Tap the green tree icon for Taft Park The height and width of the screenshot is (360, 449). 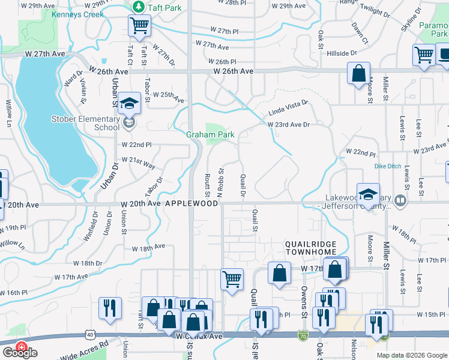[x=139, y=6]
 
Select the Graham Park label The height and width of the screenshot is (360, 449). [x=209, y=134]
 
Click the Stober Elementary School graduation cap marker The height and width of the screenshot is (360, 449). [x=129, y=104]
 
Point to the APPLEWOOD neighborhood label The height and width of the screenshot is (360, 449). [x=191, y=204]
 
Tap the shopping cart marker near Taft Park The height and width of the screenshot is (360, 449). [x=139, y=26]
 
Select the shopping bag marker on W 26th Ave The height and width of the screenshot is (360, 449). [x=358, y=74]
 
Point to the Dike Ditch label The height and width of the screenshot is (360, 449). [x=371, y=166]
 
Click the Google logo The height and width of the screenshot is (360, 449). [x=20, y=353]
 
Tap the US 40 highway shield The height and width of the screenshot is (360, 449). [x=89, y=333]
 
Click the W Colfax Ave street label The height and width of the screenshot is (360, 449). [x=200, y=337]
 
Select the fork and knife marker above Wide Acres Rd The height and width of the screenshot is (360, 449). [x=110, y=308]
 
